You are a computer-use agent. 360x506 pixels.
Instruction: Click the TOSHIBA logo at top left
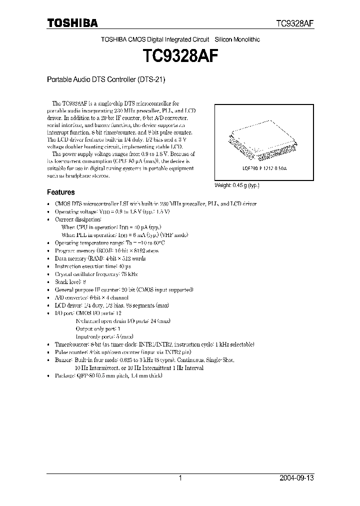(x=72, y=23)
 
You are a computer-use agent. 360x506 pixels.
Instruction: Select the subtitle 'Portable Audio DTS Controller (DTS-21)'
(x=106, y=79)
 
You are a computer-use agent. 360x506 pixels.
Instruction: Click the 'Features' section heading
(x=61, y=192)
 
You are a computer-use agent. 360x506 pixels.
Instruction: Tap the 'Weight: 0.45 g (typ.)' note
(x=237, y=185)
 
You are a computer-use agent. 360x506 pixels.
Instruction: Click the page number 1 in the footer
(x=180, y=478)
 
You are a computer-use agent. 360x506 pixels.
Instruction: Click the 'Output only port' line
(x=98, y=329)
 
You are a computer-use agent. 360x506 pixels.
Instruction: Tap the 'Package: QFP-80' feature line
(x=108, y=375)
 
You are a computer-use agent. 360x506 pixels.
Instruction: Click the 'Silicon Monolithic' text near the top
(x=237, y=39)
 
